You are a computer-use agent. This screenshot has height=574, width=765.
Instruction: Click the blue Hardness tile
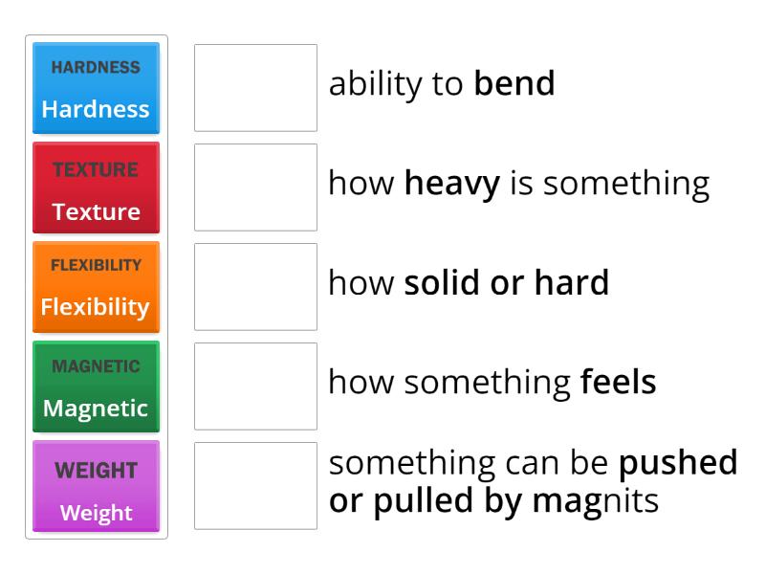click(96, 88)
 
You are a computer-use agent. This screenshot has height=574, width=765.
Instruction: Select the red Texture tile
click(96, 188)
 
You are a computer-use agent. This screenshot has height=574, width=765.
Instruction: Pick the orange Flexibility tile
click(96, 287)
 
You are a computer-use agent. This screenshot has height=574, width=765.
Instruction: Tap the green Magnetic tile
click(96, 386)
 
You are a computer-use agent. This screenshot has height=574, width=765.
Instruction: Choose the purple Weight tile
click(96, 486)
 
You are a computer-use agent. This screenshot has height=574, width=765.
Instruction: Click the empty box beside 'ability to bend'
click(255, 87)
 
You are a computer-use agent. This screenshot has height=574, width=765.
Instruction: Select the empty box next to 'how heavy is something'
click(255, 188)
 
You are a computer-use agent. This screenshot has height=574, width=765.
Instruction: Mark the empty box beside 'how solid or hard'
click(255, 287)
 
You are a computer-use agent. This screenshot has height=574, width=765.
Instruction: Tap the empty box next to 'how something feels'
click(255, 386)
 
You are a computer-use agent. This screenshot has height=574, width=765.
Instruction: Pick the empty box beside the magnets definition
click(255, 486)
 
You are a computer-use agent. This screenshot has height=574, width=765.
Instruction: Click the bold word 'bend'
click(514, 84)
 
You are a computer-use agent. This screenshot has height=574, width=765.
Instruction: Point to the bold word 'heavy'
click(451, 184)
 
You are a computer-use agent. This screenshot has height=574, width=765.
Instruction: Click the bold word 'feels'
click(618, 383)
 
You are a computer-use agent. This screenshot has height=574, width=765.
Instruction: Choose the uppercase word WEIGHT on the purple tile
click(96, 471)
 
